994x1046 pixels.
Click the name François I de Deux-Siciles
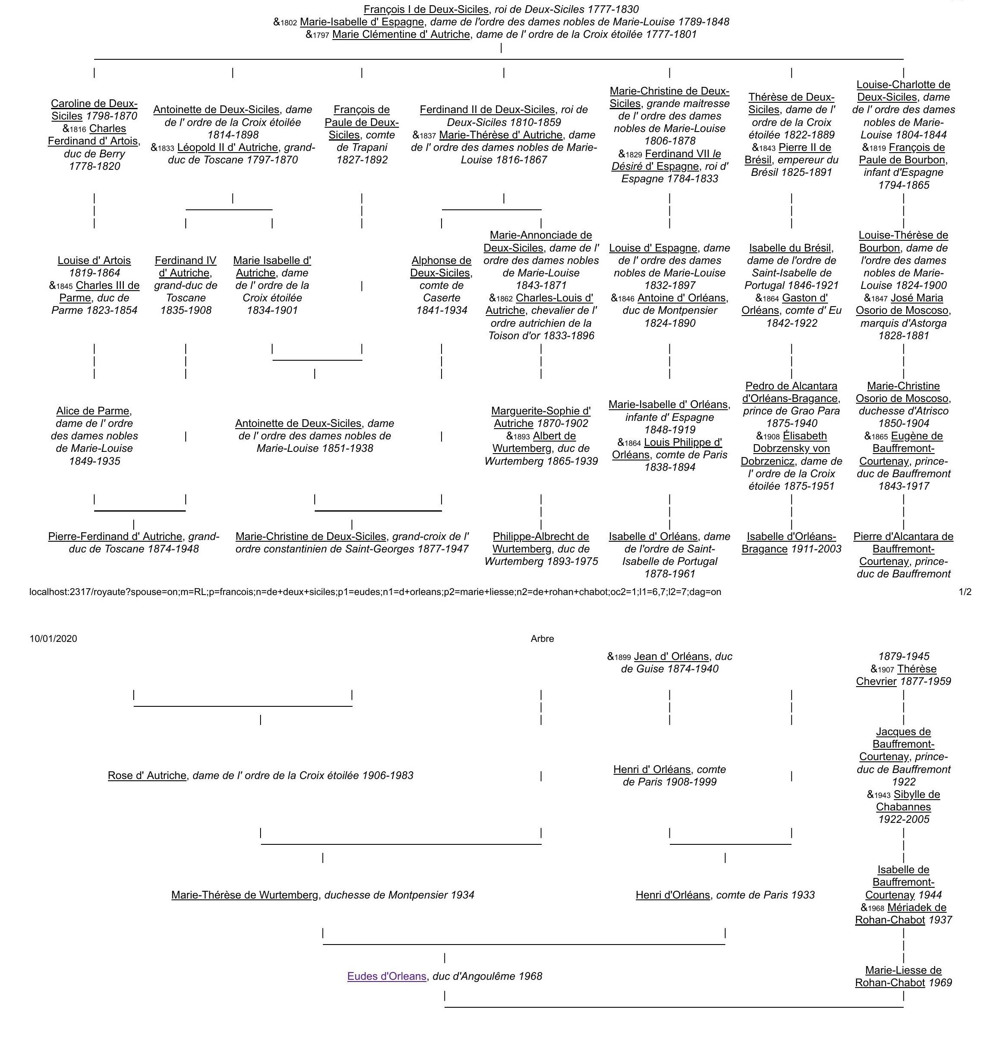pos(426,9)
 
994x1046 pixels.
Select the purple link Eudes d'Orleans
pos(387,976)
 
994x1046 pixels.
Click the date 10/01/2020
pos(53,638)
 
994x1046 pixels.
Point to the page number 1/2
pos(965,592)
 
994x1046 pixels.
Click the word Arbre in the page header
pos(542,638)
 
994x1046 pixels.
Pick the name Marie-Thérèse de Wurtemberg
pos(245,895)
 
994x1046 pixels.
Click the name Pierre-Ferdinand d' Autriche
pos(115,536)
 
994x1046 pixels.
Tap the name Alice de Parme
pos(93,411)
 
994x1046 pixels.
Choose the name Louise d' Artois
pos(94,260)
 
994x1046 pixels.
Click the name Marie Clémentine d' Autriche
pos(401,34)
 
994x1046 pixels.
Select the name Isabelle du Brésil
pos(791,248)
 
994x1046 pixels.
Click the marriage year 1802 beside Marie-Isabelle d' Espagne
pos(289,23)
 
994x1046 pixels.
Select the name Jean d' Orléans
pos(671,656)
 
